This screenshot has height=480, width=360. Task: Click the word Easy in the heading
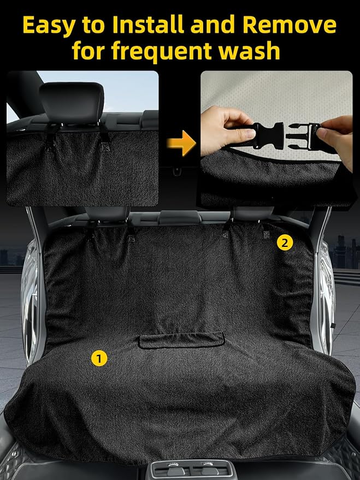tap(49, 26)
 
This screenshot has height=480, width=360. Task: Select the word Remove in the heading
tap(290, 25)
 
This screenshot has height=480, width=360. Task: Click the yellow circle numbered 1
tap(99, 358)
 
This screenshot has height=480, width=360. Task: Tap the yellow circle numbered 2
tap(285, 243)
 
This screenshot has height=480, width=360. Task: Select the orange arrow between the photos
tap(181, 143)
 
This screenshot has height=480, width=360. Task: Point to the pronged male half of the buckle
tap(303, 136)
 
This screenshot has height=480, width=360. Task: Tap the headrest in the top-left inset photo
tap(72, 103)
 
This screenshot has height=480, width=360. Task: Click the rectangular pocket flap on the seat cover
tap(181, 340)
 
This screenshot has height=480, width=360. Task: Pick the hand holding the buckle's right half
tap(336, 138)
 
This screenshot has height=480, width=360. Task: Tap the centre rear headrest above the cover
tap(180, 217)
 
